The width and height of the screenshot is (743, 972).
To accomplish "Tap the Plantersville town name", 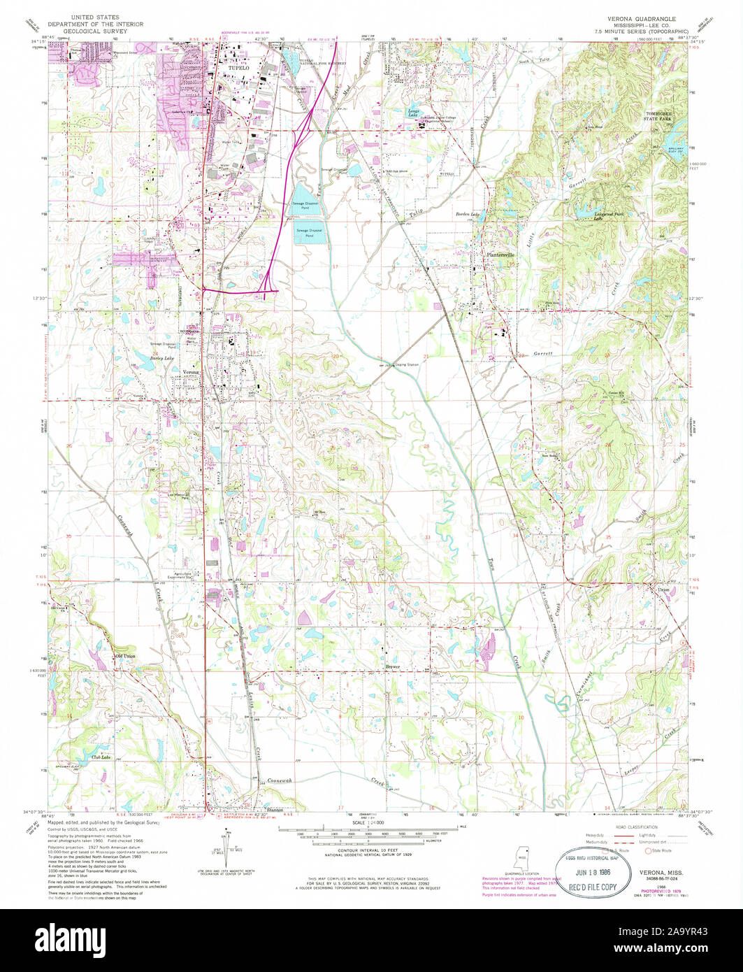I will coord(500,255).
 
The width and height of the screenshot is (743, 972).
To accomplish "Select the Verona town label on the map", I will coord(191,372).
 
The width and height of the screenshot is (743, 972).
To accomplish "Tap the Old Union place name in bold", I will coord(125,656).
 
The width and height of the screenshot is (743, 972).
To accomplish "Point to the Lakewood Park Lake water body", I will coord(586,210).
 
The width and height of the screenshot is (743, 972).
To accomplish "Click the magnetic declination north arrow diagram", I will coord(228,844).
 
